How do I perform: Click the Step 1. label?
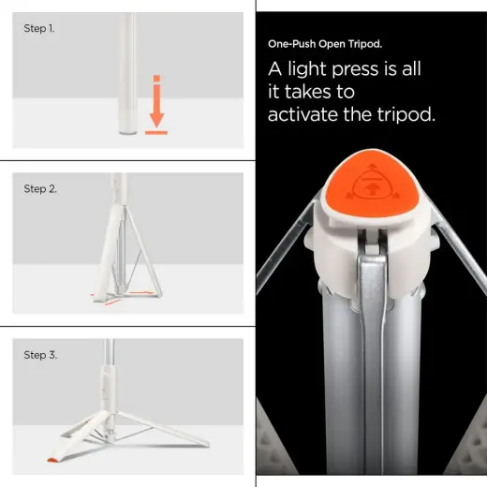[x=39, y=29]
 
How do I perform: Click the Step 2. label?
[x=40, y=189]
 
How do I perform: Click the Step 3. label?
[x=40, y=355]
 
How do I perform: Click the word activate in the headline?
[x=313, y=114]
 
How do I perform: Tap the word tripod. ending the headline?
[x=408, y=114]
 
